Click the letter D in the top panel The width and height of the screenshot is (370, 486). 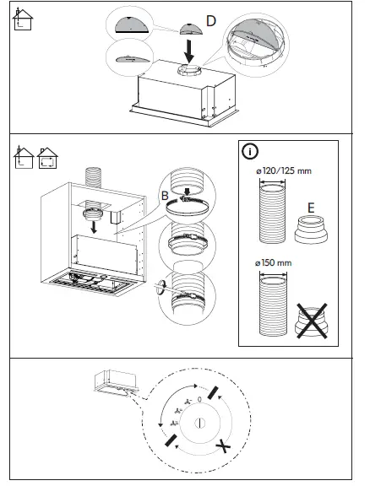click(x=211, y=19)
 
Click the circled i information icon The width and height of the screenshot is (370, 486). click(x=250, y=153)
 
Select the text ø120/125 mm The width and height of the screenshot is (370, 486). click(x=283, y=171)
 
